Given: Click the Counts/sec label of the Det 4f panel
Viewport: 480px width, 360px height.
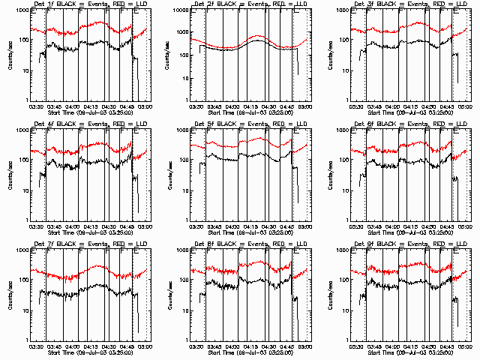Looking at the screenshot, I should (x=10, y=175).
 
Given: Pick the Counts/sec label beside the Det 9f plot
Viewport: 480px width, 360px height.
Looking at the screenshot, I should (x=329, y=295).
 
